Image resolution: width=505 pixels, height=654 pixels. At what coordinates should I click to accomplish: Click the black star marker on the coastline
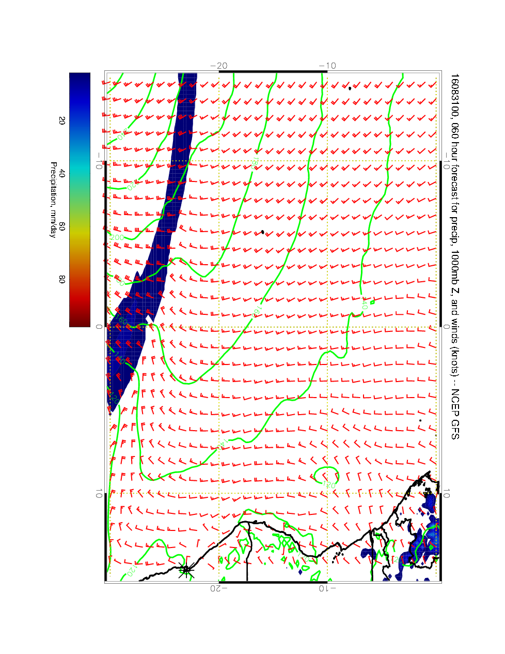tap(186, 570)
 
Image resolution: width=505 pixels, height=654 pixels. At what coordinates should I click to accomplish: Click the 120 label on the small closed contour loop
tap(328, 485)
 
